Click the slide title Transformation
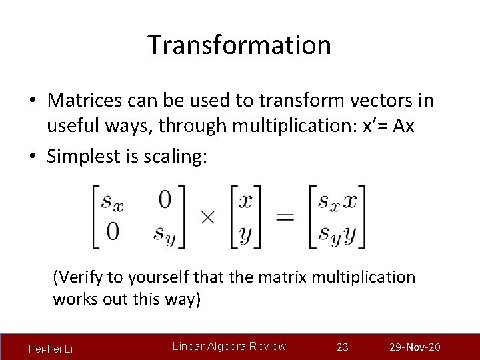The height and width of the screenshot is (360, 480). (x=239, y=45)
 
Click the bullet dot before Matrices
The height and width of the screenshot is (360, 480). (x=33, y=101)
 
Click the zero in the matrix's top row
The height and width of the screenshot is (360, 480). (x=164, y=199)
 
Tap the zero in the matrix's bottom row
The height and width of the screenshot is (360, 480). (x=112, y=231)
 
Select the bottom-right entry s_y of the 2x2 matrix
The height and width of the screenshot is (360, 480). (x=164, y=233)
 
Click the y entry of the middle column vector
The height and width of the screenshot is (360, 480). (x=246, y=233)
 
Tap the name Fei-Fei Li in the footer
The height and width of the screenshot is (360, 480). (x=51, y=348)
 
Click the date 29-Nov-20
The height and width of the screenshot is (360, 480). (x=415, y=347)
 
